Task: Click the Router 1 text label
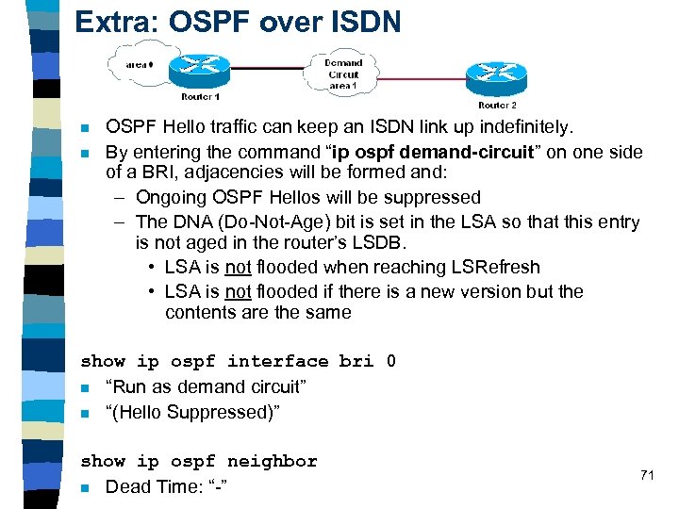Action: pos(199,96)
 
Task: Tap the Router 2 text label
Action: pos(497,105)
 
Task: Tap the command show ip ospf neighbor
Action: pos(199,461)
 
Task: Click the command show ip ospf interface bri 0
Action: pos(239,361)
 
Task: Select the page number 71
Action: pos(646,475)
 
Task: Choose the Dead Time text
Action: pos(149,486)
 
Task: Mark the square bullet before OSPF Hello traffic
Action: pos(85,127)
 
